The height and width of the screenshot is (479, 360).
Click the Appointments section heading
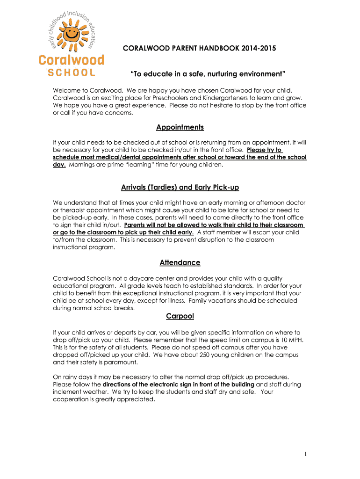[180, 127]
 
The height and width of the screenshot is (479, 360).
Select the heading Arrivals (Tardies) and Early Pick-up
[180, 188]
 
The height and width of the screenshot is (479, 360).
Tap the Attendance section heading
[180, 263]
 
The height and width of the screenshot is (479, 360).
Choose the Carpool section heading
[180, 317]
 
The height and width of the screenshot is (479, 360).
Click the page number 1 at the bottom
[305, 454]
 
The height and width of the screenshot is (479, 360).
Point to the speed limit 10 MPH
[292, 340]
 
